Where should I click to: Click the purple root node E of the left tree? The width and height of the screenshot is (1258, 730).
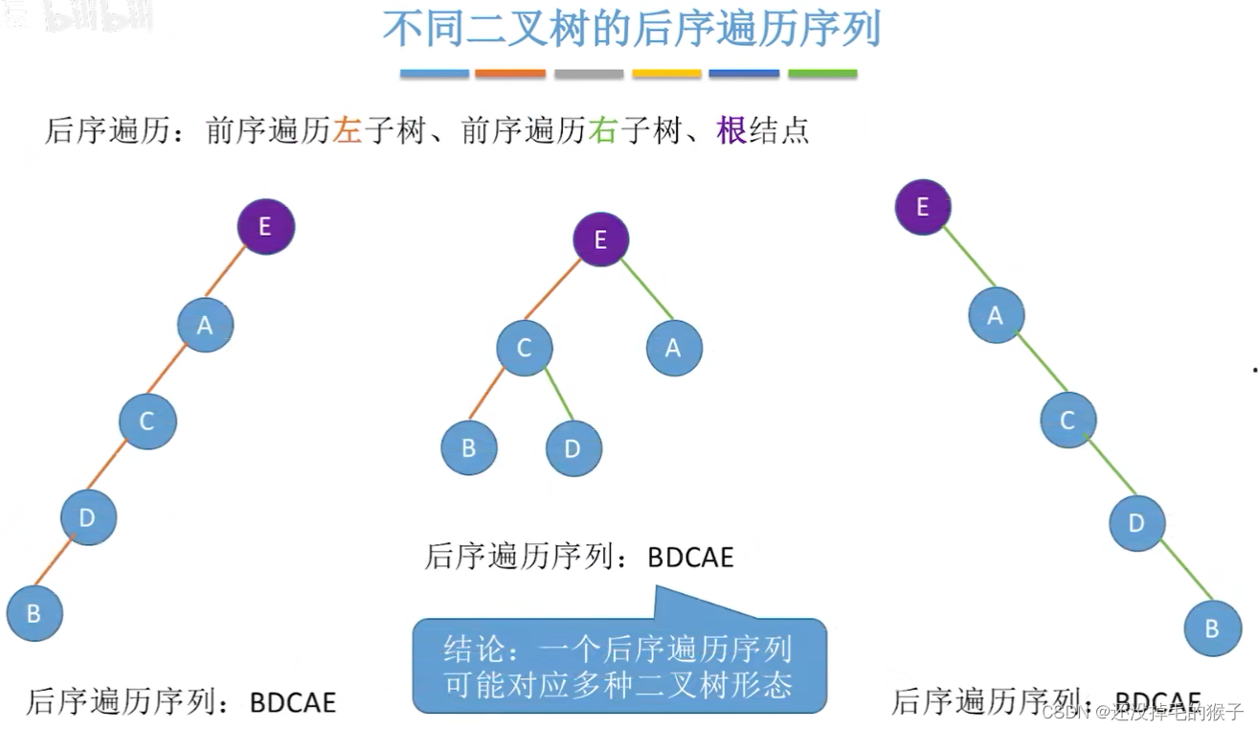click(266, 226)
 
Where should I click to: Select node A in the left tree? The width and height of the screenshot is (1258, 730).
click(205, 325)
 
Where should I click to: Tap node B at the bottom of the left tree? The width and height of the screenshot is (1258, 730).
click(34, 613)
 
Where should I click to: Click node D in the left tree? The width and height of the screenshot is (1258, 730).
click(88, 517)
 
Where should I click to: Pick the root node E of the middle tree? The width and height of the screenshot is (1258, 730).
click(601, 240)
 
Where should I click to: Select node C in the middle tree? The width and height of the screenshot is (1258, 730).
click(525, 347)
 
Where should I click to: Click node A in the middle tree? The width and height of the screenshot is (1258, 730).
click(674, 348)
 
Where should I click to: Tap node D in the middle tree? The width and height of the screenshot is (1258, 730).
click(573, 448)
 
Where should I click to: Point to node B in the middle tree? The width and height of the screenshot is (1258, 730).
click(469, 448)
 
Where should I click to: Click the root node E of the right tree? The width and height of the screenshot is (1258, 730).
click(923, 207)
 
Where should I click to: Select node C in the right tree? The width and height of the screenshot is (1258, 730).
click(1068, 420)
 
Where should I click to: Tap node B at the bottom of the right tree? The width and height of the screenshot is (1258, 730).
click(1212, 628)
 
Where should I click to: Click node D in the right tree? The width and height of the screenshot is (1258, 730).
click(1137, 523)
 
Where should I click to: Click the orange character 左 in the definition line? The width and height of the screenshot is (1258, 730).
click(347, 130)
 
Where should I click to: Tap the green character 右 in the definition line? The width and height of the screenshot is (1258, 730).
click(602, 130)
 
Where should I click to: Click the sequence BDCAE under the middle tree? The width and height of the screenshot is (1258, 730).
click(690, 557)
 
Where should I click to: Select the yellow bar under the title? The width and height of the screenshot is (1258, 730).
click(666, 74)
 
